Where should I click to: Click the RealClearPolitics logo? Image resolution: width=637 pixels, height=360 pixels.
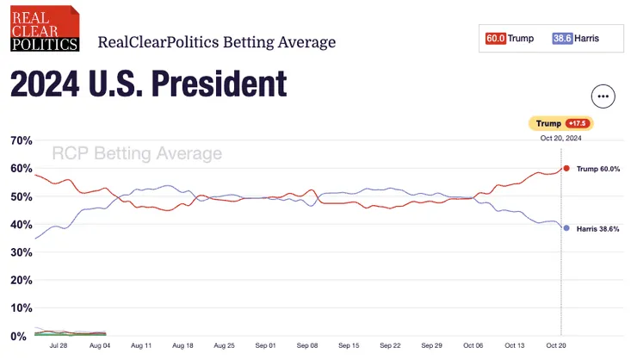point(44,28)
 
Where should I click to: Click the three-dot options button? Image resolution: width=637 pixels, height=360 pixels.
point(603,96)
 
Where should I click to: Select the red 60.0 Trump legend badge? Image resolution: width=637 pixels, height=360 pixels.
point(496,39)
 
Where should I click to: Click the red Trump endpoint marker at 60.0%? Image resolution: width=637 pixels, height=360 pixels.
point(566,168)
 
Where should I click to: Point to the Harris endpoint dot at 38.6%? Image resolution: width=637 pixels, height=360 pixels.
point(566,228)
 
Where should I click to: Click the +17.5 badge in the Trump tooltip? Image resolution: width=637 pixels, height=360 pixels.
point(577,124)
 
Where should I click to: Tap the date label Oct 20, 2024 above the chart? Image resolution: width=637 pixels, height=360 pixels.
point(561,139)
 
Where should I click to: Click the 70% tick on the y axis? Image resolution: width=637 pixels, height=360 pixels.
point(21,140)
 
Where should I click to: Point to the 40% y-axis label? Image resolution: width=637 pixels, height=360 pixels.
point(21,225)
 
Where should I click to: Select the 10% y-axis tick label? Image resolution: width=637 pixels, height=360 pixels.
point(21,308)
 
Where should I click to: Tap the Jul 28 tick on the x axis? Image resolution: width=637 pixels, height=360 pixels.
point(59,345)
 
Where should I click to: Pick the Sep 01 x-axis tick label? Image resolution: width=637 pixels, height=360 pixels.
point(266,345)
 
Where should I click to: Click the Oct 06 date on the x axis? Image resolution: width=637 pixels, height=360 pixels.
point(473,345)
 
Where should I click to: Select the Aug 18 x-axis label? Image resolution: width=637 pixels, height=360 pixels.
point(183,345)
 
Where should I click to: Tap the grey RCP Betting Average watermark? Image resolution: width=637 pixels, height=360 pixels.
point(137,154)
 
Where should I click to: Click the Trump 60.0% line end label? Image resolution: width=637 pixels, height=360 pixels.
point(598,168)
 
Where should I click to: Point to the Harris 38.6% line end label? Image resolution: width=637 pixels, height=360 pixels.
point(599,228)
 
